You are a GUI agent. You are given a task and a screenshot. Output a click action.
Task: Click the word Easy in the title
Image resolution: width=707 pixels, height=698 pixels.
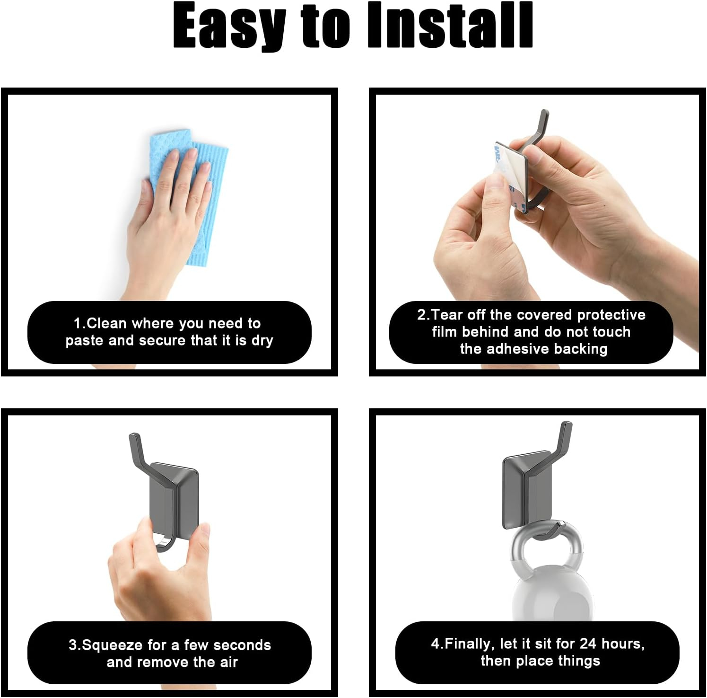[x=229, y=26]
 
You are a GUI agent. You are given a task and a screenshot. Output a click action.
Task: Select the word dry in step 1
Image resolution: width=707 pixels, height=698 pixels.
[x=262, y=341]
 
